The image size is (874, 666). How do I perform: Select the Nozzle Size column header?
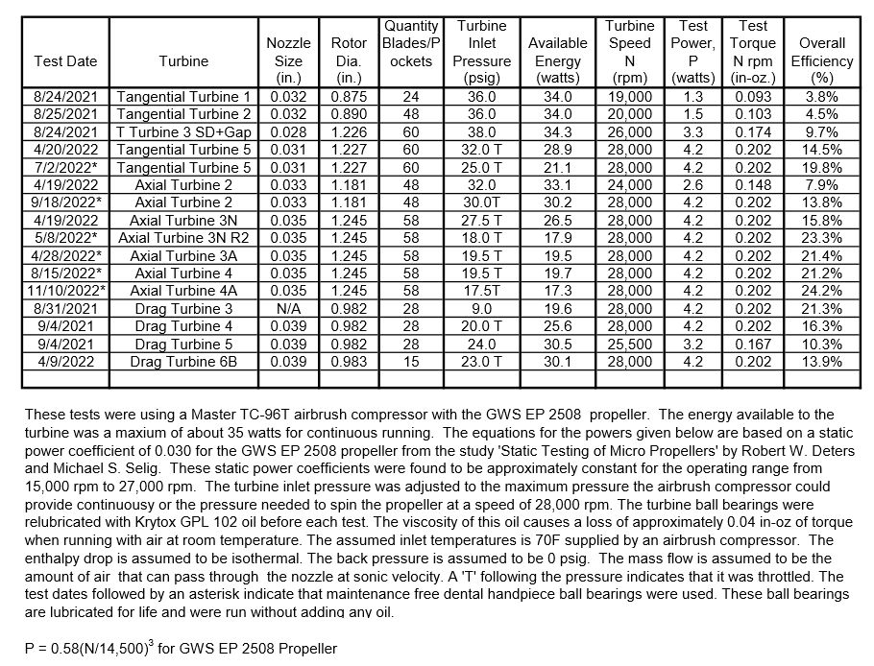[288, 59]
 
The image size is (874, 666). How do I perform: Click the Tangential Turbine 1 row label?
[182, 97]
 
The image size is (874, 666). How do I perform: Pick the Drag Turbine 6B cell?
[182, 362]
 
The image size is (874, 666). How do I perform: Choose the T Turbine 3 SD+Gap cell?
[182, 131]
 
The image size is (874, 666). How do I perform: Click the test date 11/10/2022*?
[65, 291]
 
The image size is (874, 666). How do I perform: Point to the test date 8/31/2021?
[65, 309]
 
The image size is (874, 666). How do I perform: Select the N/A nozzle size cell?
[288, 309]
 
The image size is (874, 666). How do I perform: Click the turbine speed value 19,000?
[631, 97]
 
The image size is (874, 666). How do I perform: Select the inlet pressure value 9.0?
[481, 309]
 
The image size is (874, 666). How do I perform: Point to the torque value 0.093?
[753, 97]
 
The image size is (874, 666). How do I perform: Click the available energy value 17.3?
[558, 291]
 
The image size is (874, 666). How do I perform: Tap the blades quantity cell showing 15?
[411, 362]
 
